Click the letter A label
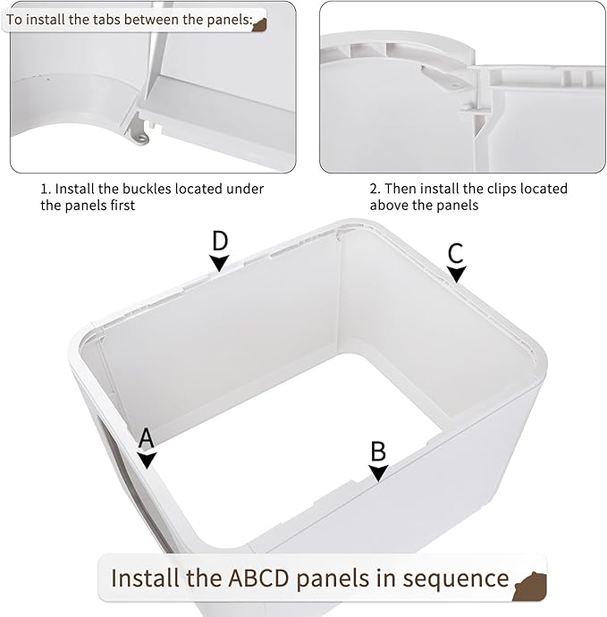pyautogui.click(x=146, y=438)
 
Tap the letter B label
pyautogui.click(x=378, y=452)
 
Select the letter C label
pyautogui.click(x=456, y=253)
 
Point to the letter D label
pyautogui.click(x=220, y=241)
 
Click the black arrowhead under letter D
pyautogui.click(x=219, y=263)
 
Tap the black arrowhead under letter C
pyautogui.click(x=456, y=274)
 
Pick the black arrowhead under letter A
pyautogui.click(x=147, y=460)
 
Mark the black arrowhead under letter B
pyautogui.click(x=378, y=473)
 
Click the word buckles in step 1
pyautogui.click(x=148, y=189)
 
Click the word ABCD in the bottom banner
pyautogui.click(x=259, y=578)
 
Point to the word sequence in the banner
pyautogui.click(x=456, y=579)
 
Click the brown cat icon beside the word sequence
pyautogui.click(x=531, y=587)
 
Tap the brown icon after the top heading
pyautogui.click(x=259, y=25)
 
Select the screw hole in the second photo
pyautogui.click(x=454, y=85)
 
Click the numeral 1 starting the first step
pyautogui.click(x=44, y=189)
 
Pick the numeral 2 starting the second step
pyautogui.click(x=374, y=189)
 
